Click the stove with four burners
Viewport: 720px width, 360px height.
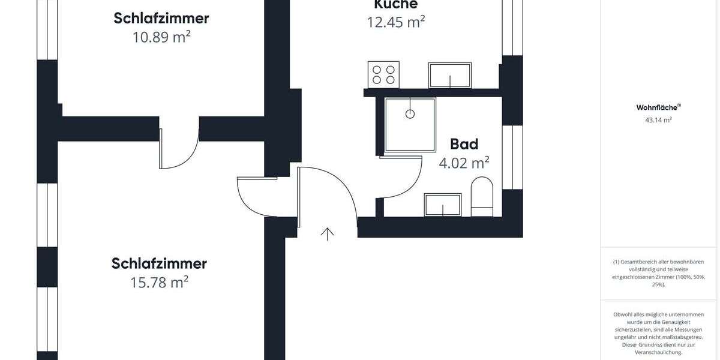(x=383, y=74)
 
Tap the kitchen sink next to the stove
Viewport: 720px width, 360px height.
(x=449, y=75)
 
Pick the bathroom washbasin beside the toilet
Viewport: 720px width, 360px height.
(x=443, y=205)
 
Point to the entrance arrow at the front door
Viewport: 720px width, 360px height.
(x=327, y=233)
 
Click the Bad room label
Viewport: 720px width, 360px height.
(x=464, y=144)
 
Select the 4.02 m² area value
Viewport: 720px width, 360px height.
(x=464, y=162)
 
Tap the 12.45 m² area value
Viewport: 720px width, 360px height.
(x=395, y=22)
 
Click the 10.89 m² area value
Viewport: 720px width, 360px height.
(x=161, y=37)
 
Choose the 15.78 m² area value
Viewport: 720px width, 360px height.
(x=159, y=281)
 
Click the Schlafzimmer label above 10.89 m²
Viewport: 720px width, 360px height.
(x=161, y=18)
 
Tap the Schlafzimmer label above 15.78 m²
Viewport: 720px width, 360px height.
(x=159, y=263)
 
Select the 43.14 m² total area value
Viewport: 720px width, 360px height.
(x=658, y=120)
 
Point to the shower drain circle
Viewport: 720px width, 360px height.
(x=410, y=113)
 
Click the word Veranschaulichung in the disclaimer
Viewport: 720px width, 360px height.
(x=658, y=353)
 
